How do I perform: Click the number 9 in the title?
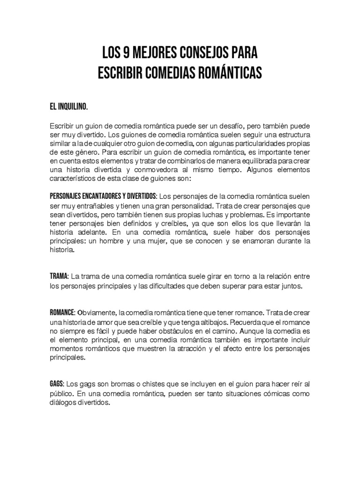(x=124, y=52)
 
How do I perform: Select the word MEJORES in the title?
(x=151, y=52)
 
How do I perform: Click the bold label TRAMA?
(x=59, y=276)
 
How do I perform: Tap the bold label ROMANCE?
(x=62, y=312)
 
